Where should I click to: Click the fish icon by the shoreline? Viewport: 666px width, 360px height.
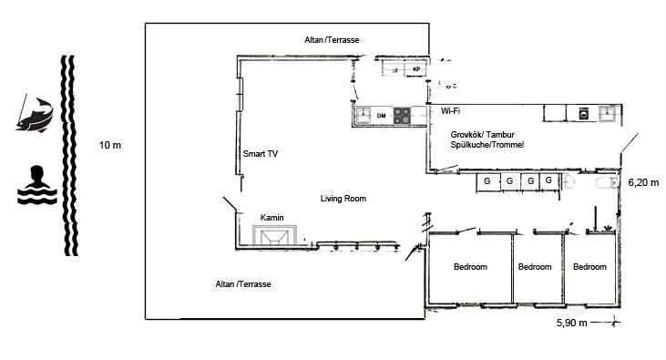[x=35, y=114]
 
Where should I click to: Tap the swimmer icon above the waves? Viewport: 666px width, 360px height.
[x=37, y=184]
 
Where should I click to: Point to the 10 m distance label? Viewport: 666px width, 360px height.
[x=110, y=145]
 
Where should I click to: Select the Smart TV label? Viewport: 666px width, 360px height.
[x=260, y=154]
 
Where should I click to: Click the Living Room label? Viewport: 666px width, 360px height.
[x=343, y=199]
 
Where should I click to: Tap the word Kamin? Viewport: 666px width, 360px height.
[x=272, y=218]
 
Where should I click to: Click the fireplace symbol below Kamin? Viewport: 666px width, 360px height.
[x=274, y=235]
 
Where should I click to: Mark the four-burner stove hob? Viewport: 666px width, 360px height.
[x=402, y=116]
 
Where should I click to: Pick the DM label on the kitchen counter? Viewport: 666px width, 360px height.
[x=381, y=116]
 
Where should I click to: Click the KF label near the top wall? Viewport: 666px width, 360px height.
[x=416, y=69]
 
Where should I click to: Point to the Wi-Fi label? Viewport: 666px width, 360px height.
[x=450, y=111]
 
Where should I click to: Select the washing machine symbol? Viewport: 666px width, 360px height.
[x=584, y=114]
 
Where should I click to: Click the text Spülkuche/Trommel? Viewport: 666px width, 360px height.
[x=487, y=145]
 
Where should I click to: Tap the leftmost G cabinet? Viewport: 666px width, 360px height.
[x=487, y=181]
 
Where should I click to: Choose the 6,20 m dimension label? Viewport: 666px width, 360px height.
[x=643, y=183]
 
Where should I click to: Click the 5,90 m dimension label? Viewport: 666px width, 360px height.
[x=572, y=323]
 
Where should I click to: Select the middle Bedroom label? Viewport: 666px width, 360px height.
[x=535, y=267]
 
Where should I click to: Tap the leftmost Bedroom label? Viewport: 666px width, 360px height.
[x=470, y=267]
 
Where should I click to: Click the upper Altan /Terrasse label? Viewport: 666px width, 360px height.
[x=332, y=40]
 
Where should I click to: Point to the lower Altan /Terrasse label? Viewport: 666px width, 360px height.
[x=243, y=284]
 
